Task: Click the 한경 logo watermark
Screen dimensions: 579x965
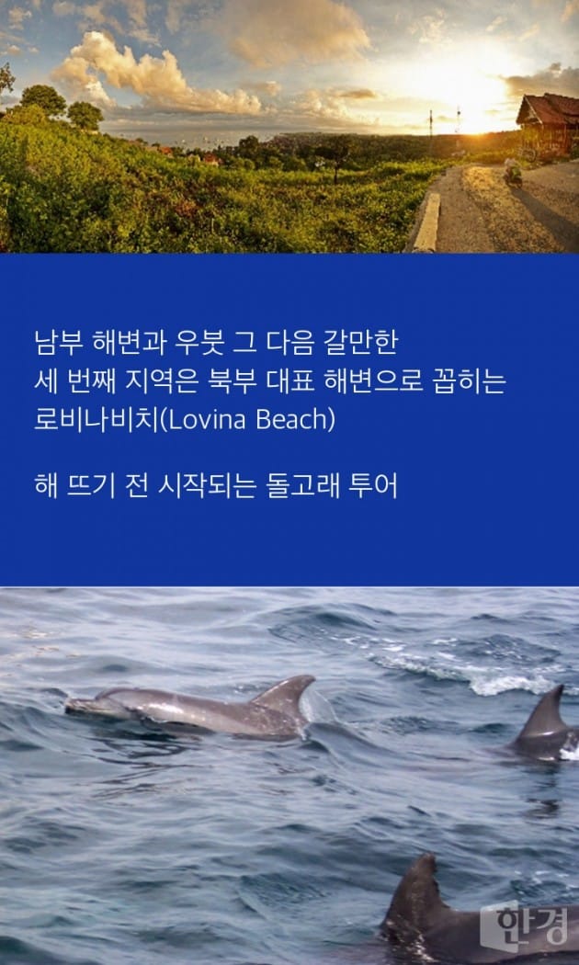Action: click(525, 926)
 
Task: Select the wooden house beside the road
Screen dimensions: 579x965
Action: click(549, 126)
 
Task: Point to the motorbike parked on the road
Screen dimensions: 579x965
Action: click(513, 173)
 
